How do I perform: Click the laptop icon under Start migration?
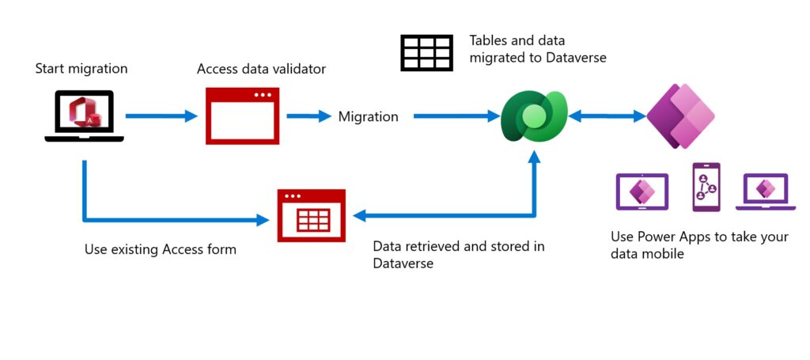(84, 116)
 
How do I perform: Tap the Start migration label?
(81, 69)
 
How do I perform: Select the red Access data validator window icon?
(242, 116)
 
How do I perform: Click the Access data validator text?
(261, 70)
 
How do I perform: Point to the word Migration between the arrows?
(369, 117)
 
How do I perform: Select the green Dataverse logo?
(534, 117)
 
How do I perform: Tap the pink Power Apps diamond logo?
(680, 116)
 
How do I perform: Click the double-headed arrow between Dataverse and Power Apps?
(607, 117)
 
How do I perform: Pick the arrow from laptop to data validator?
(161, 116)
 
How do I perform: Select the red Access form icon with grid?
(312, 215)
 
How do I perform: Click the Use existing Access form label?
(161, 249)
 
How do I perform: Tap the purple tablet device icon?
(642, 191)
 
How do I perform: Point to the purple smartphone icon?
(706, 188)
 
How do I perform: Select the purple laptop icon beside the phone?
(764, 192)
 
